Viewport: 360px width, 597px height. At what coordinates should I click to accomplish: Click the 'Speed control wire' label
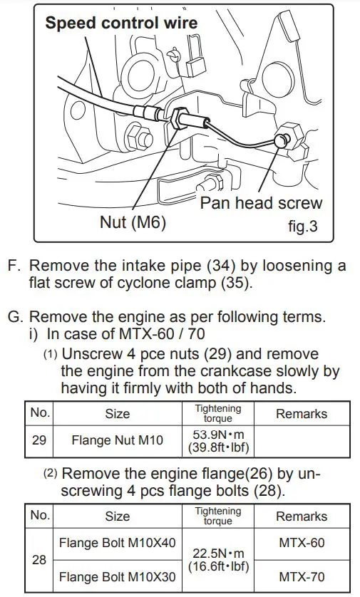[121, 22]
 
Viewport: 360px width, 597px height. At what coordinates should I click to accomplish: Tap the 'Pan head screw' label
[261, 203]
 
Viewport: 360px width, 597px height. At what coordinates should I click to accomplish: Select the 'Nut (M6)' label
[133, 223]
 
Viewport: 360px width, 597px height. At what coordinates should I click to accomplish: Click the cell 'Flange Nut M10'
[117, 440]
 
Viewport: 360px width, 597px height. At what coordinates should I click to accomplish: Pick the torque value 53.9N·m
[217, 434]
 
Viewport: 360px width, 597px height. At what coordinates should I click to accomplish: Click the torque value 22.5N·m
[217, 553]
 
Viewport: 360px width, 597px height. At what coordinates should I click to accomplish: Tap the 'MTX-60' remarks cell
[301, 543]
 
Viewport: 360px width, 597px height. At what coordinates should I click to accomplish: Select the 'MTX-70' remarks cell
[301, 576]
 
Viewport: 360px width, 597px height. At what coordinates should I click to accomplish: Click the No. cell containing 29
[39, 440]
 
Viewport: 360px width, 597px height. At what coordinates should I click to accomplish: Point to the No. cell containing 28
[39, 560]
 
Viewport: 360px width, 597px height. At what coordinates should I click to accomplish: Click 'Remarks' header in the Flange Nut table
[301, 413]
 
